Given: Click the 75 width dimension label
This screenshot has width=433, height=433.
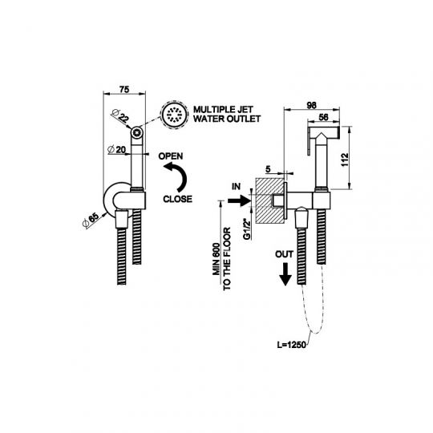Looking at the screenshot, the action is click(124, 90).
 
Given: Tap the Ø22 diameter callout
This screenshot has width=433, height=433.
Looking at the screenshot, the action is click(120, 115).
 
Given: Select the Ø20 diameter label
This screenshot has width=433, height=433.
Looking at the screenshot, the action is click(116, 150).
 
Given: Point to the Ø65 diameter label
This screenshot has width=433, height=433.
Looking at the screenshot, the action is click(91, 221).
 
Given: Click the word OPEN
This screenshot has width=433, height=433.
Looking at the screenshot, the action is click(171, 156).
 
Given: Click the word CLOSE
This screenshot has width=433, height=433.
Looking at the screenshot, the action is click(177, 199).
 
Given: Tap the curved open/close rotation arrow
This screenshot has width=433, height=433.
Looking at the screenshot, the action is click(176, 176).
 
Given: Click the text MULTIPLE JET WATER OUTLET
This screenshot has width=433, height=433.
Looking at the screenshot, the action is click(227, 114).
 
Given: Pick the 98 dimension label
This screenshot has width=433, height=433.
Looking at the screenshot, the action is click(311, 106).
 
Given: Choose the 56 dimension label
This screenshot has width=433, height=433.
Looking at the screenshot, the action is click(323, 117).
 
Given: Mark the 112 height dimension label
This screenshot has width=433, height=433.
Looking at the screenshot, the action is click(345, 160).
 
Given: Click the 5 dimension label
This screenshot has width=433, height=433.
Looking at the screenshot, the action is click(268, 169).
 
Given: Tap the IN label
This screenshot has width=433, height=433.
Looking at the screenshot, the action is click(236, 187).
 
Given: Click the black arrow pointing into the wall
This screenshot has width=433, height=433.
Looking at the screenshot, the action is click(240, 200).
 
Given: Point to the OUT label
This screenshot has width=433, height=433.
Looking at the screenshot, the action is click(284, 254).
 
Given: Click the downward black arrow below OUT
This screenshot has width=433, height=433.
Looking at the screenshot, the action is click(285, 274).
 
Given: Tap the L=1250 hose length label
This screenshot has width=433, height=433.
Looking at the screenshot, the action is click(292, 345).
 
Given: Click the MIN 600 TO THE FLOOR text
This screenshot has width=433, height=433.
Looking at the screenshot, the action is click(221, 259).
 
